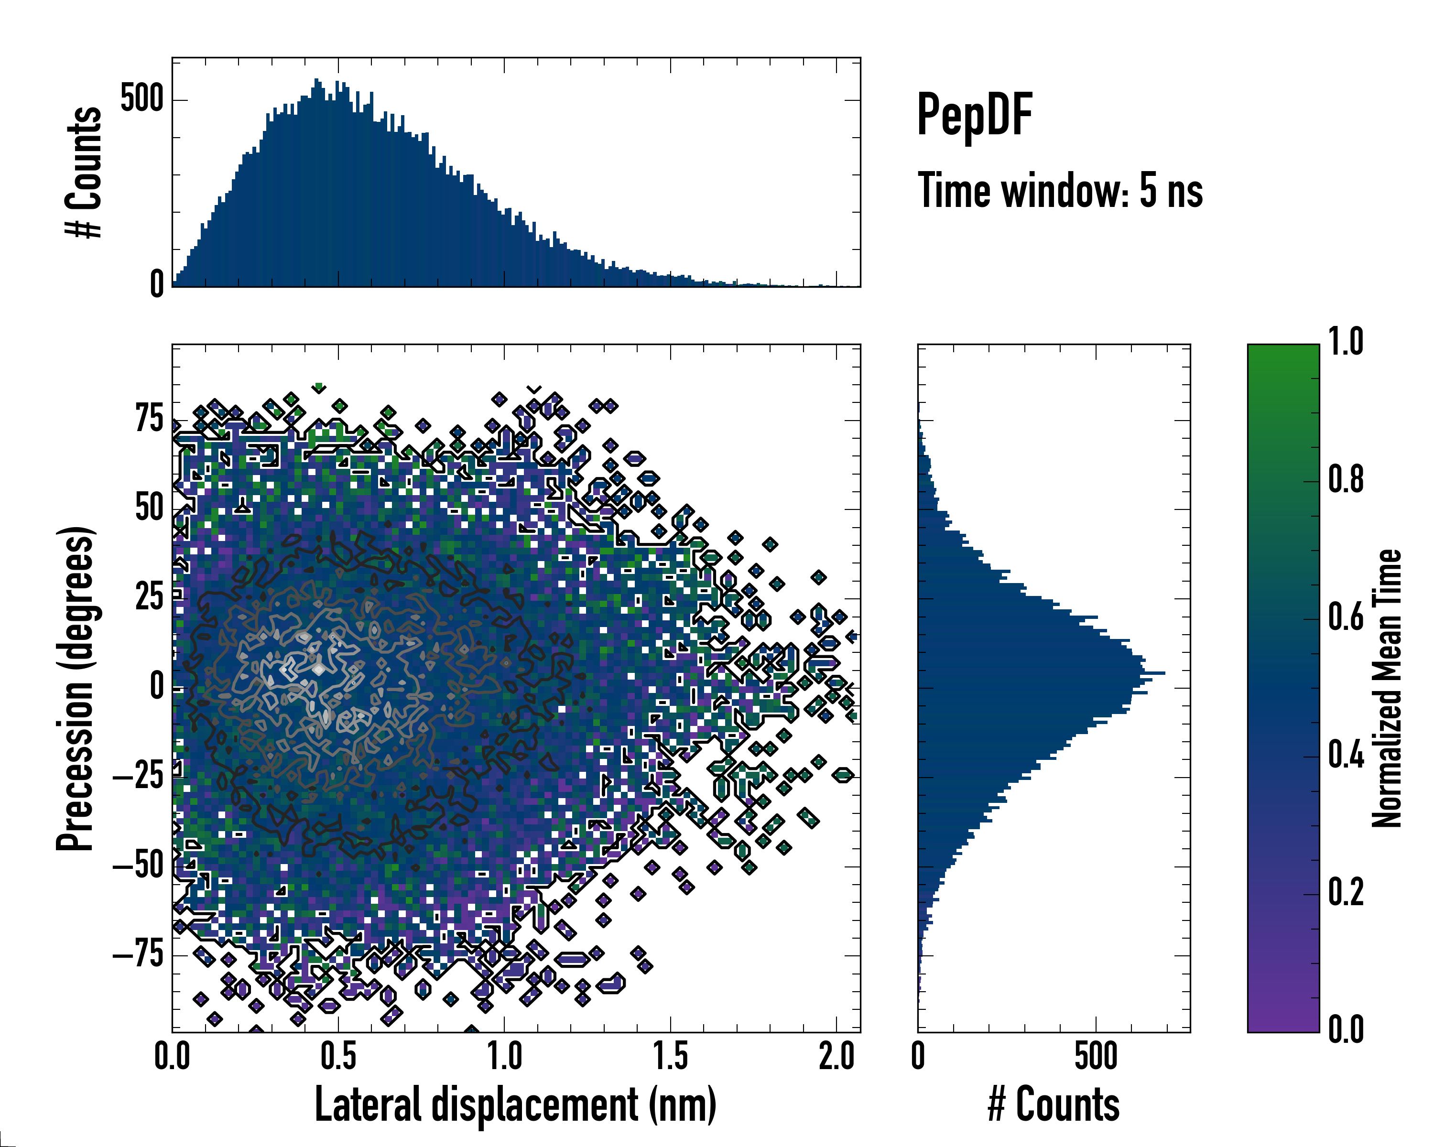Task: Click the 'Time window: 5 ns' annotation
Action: [1060, 191]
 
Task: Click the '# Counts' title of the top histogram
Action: [84, 172]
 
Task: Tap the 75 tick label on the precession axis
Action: [149, 420]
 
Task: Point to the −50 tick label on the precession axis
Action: [138, 866]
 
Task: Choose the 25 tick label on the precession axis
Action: [149, 597]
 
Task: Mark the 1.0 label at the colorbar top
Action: [1346, 342]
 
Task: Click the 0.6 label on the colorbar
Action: [1346, 617]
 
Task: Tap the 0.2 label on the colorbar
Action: [1346, 892]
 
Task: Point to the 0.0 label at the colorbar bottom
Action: [1346, 1030]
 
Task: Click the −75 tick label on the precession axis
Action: [138, 955]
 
